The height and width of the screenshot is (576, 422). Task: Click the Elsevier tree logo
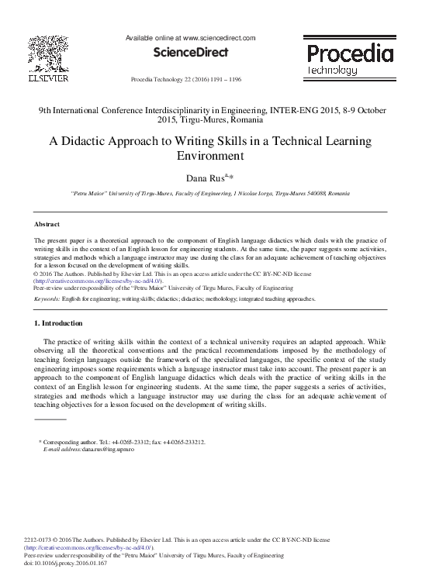point(49,55)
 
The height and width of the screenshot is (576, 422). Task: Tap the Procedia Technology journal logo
point(349,59)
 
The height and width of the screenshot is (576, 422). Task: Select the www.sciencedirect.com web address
point(219,37)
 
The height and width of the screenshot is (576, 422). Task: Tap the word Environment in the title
point(211,155)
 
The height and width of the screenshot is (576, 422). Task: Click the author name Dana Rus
point(203,178)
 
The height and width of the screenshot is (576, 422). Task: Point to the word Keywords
point(47,298)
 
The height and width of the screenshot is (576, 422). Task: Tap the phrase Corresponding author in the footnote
point(71,442)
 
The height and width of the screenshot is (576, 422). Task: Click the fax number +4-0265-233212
point(184,442)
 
